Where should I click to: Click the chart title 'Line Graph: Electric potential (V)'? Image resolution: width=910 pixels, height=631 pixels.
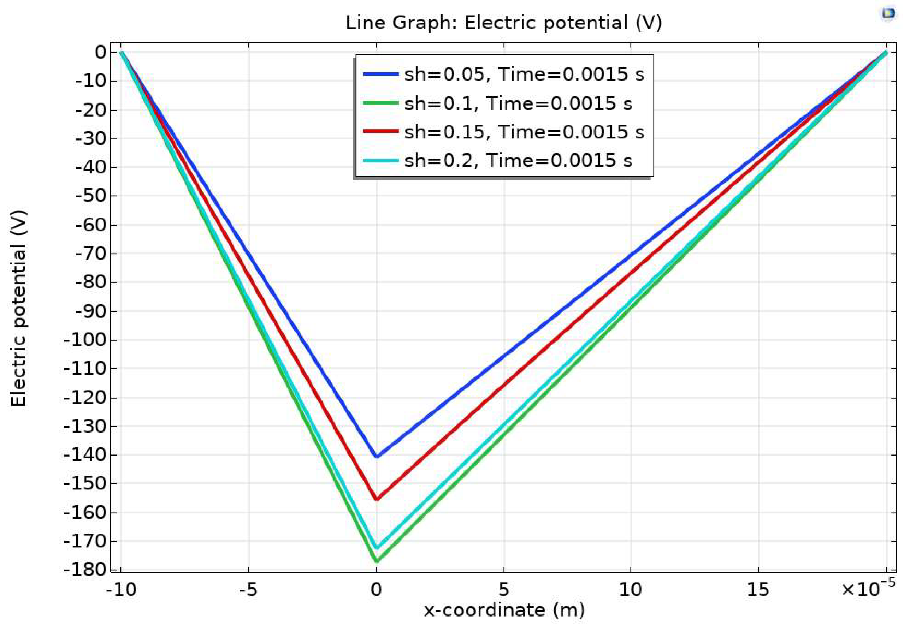[503, 23]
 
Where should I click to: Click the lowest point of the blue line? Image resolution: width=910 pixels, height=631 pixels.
[376, 457]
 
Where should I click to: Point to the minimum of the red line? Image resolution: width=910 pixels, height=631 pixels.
[376, 499]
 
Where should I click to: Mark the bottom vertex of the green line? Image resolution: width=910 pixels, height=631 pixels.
[376, 561]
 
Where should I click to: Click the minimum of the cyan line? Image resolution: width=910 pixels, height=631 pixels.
[376, 548]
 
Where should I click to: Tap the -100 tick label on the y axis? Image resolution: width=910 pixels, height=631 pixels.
[85, 340]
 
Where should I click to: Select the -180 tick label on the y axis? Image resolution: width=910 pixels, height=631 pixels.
[85, 570]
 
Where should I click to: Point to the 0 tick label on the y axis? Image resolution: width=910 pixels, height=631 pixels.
[100, 52]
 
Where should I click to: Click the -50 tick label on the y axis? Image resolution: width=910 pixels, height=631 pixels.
[90, 196]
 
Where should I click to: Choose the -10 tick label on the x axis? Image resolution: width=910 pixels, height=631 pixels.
[121, 590]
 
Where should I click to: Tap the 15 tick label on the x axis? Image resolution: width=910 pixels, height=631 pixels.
[758, 590]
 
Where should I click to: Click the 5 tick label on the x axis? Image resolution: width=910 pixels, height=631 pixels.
[503, 590]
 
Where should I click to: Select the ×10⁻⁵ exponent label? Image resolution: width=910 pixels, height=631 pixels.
[868, 588]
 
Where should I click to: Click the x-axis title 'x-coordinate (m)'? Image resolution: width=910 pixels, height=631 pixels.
[504, 610]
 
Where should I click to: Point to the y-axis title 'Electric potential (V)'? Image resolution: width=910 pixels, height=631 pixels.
[18, 308]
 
